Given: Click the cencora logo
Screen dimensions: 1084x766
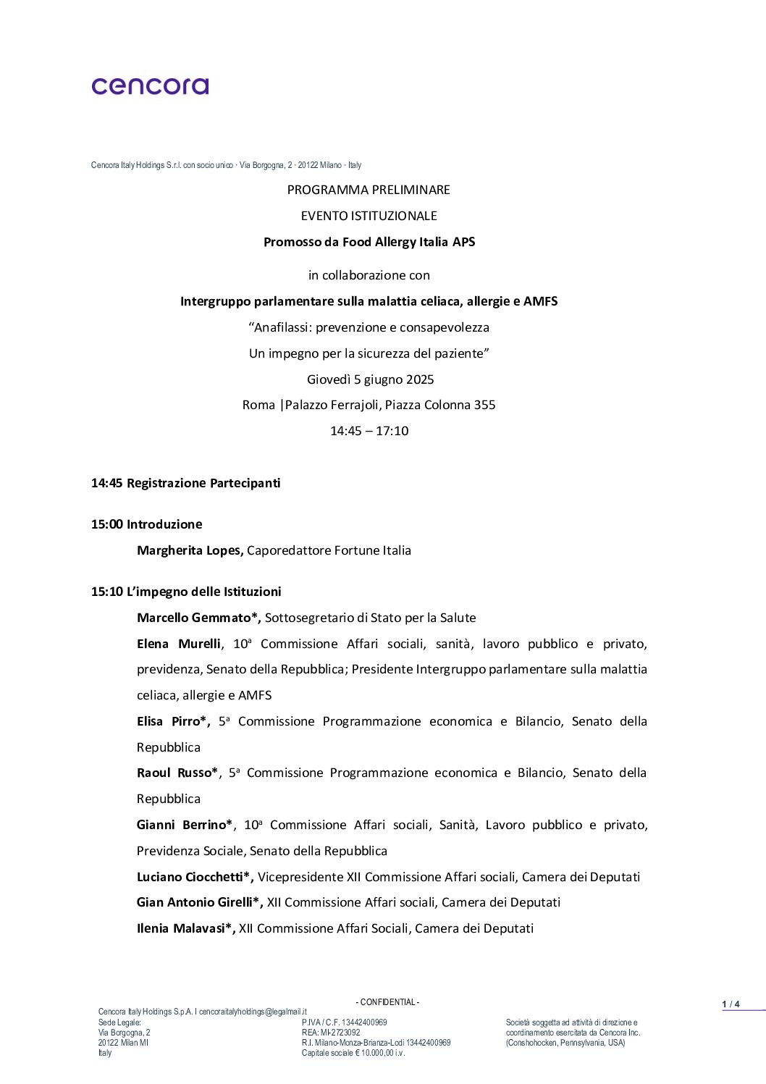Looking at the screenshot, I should [x=150, y=86].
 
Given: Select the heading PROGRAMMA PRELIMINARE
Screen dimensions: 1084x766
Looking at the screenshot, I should [x=369, y=190].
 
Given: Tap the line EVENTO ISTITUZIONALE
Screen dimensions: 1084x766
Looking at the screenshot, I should [x=369, y=216].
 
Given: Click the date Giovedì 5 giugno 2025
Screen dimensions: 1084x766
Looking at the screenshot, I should [x=370, y=379].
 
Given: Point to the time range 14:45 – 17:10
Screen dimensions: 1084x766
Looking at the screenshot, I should [x=369, y=431].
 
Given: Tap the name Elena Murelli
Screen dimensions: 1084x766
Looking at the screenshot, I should [x=179, y=644].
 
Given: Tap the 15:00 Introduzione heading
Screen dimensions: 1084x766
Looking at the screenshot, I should [x=146, y=524].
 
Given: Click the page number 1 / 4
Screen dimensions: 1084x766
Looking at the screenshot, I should [x=731, y=1004].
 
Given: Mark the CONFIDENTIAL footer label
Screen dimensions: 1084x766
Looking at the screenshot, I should [x=387, y=1002].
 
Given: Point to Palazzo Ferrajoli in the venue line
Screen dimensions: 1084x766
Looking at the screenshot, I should [x=332, y=405].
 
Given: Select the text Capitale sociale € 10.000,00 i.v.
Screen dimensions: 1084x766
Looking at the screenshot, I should [x=353, y=1053].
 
